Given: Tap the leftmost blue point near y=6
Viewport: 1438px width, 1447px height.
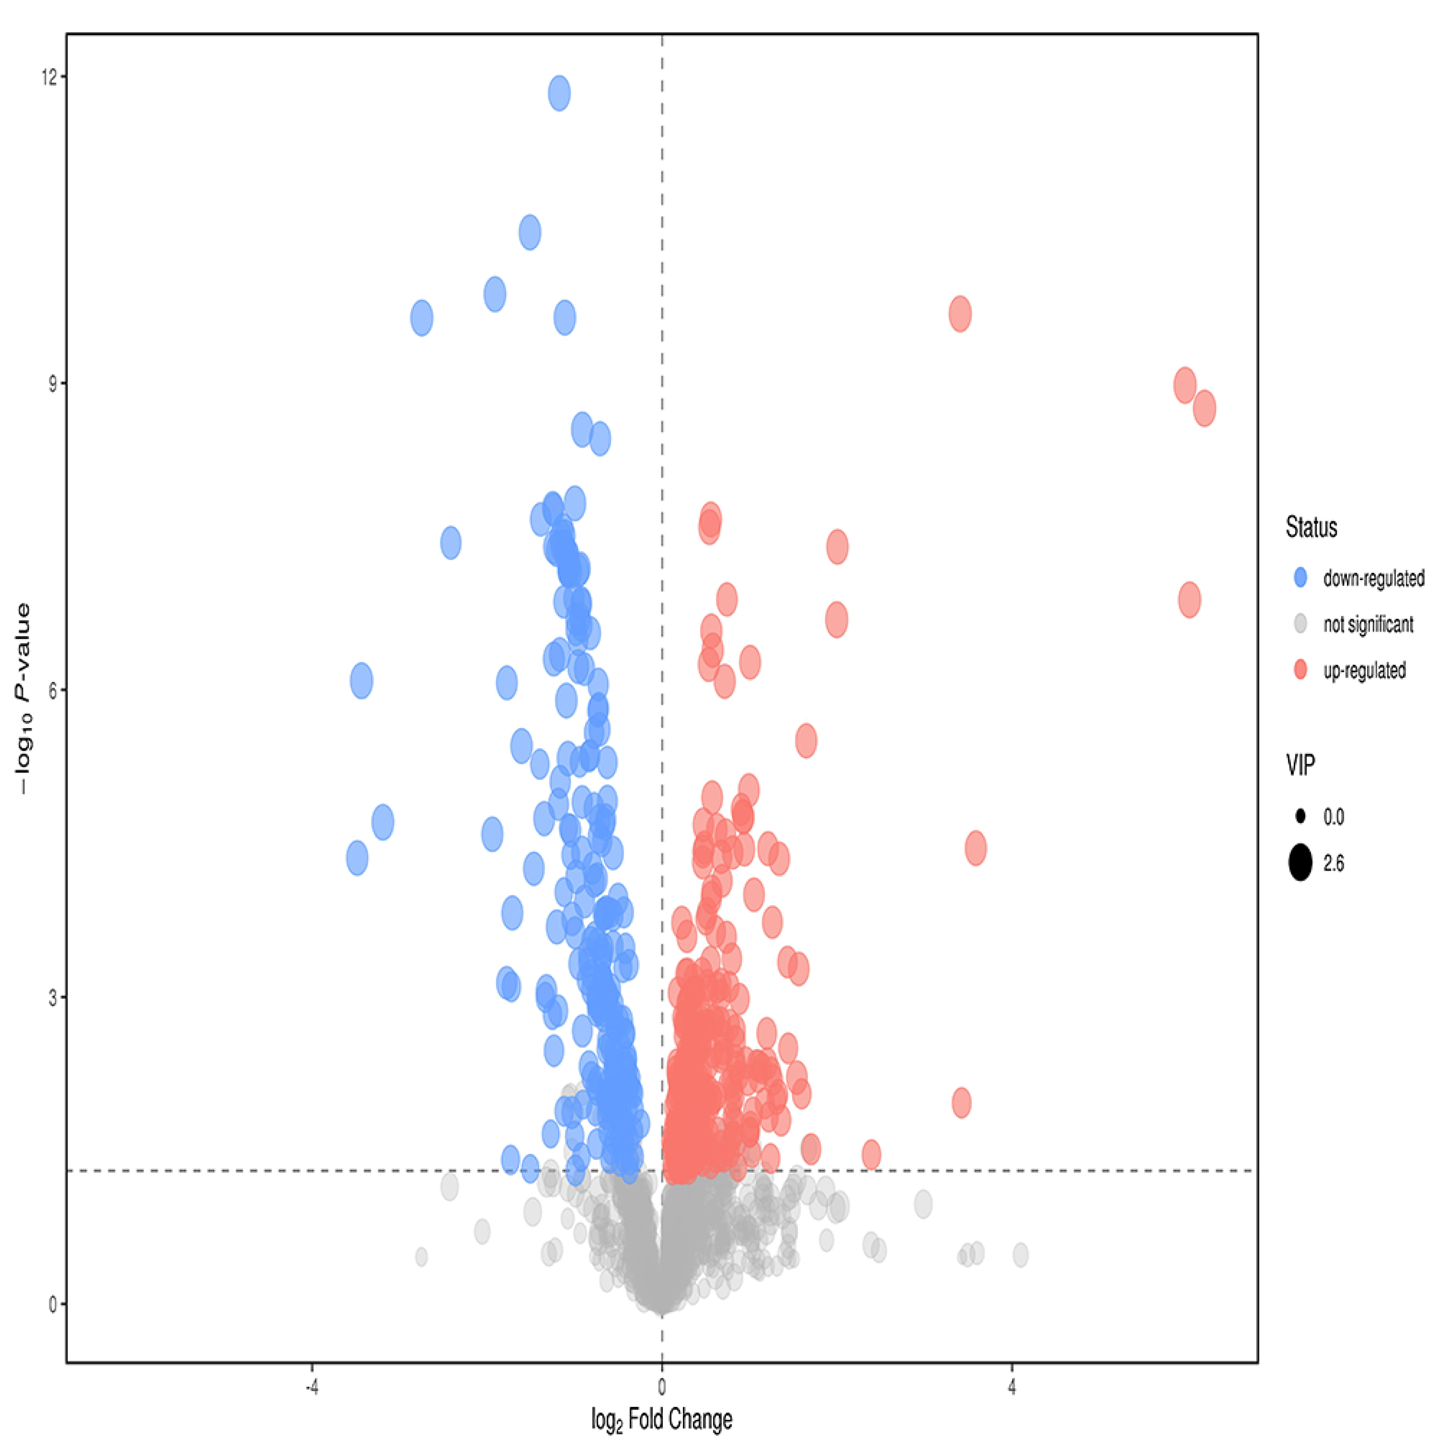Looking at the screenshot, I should pos(361,681).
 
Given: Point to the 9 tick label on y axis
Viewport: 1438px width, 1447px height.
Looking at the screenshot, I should pos(53,383).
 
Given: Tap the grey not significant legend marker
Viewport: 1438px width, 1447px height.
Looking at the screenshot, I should pos(1300,624).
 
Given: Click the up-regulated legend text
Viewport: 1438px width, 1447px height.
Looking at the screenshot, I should pos(1365,670).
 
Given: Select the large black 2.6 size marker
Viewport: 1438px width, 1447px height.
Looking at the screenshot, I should pos(1300,864).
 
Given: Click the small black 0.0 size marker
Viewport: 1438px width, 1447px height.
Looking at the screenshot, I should pos(1300,816).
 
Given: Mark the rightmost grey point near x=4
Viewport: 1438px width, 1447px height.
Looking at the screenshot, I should pos(1020,1255).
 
